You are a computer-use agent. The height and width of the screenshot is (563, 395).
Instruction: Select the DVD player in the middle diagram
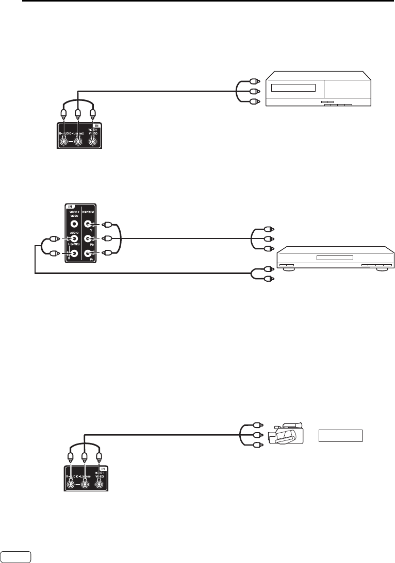pyautogui.click(x=331, y=258)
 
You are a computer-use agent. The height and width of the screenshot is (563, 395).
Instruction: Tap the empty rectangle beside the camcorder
pyautogui.click(x=340, y=436)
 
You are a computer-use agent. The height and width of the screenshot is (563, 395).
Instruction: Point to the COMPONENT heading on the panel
pyautogui.click(x=90, y=211)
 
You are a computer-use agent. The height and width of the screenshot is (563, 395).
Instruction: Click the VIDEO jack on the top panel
pyautogui.click(x=93, y=140)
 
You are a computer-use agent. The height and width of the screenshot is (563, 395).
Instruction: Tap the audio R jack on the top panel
pyautogui.click(x=63, y=140)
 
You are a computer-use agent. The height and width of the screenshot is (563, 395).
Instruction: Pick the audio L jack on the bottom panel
pyautogui.click(x=85, y=484)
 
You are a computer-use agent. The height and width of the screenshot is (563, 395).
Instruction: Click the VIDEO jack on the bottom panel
pyautogui.click(x=100, y=484)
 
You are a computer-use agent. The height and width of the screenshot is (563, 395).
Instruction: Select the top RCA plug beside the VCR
pyautogui.click(x=253, y=81)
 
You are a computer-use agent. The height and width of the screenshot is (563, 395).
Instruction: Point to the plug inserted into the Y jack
pyautogui.click(x=107, y=225)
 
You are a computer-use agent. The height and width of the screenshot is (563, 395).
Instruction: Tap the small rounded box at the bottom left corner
pyautogui.click(x=17, y=557)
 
